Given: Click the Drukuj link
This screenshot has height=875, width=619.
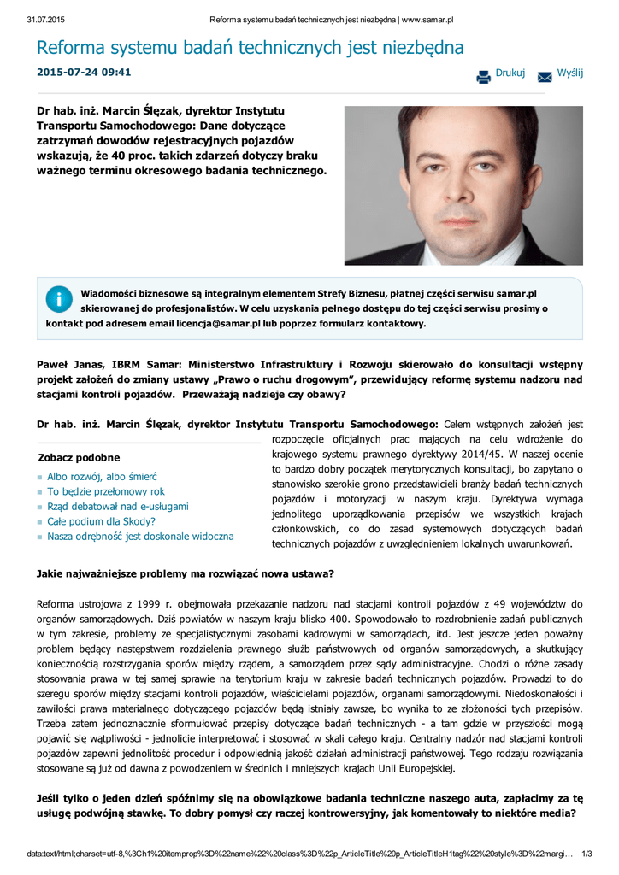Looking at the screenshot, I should pyautogui.click(x=510, y=73).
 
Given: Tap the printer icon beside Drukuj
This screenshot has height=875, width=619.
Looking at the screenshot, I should pyautogui.click(x=484, y=76).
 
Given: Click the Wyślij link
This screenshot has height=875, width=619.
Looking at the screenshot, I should pyautogui.click(x=569, y=73).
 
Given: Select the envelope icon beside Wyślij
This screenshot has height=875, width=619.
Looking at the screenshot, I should pyautogui.click(x=545, y=77).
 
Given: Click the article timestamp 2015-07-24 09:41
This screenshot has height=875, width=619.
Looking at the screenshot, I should pyautogui.click(x=84, y=72).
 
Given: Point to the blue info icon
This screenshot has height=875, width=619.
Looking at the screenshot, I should pyautogui.click(x=59, y=298).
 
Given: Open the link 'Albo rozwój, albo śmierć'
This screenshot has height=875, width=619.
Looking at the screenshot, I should pyautogui.click(x=102, y=476).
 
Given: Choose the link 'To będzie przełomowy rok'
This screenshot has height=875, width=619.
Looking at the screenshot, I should pyautogui.click(x=106, y=491).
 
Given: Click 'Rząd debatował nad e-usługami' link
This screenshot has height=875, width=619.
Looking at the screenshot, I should pyautogui.click(x=118, y=506).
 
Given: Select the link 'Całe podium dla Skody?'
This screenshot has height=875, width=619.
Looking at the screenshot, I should pyautogui.click(x=101, y=521).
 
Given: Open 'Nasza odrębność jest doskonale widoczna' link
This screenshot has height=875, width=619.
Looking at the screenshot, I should pyautogui.click(x=140, y=537).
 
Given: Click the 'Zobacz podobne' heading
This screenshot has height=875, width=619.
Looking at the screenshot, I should pyautogui.click(x=80, y=458).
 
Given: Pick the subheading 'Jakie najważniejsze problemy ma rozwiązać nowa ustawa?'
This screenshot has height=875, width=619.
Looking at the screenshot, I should pyautogui.click(x=186, y=573).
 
